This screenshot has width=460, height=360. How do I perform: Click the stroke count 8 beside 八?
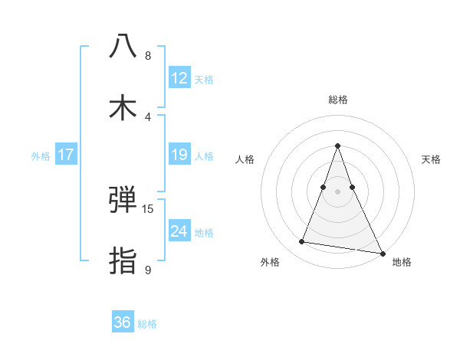click(148, 56)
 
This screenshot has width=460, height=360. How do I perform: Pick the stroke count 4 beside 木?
click(148, 116)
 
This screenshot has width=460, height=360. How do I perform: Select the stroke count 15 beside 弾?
click(148, 209)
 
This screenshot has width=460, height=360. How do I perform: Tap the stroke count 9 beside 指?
click(148, 270)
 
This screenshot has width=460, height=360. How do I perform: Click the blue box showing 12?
click(179, 78)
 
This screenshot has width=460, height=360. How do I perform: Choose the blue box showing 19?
click(179, 155)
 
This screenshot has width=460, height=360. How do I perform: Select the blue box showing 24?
click(179, 231)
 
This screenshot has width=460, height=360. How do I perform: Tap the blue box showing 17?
click(66, 155)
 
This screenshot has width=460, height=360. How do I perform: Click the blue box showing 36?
click(123, 322)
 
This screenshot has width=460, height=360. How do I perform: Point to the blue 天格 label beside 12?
click(204, 80)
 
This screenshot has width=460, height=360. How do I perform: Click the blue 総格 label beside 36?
click(147, 324)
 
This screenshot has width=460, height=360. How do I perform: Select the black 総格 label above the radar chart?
click(338, 100)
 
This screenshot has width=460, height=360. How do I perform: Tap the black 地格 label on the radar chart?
click(402, 262)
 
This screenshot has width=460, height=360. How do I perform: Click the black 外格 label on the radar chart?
click(270, 262)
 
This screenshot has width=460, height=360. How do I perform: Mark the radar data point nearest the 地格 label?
click(381, 253)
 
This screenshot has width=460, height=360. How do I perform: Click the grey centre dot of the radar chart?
click(338, 191)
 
